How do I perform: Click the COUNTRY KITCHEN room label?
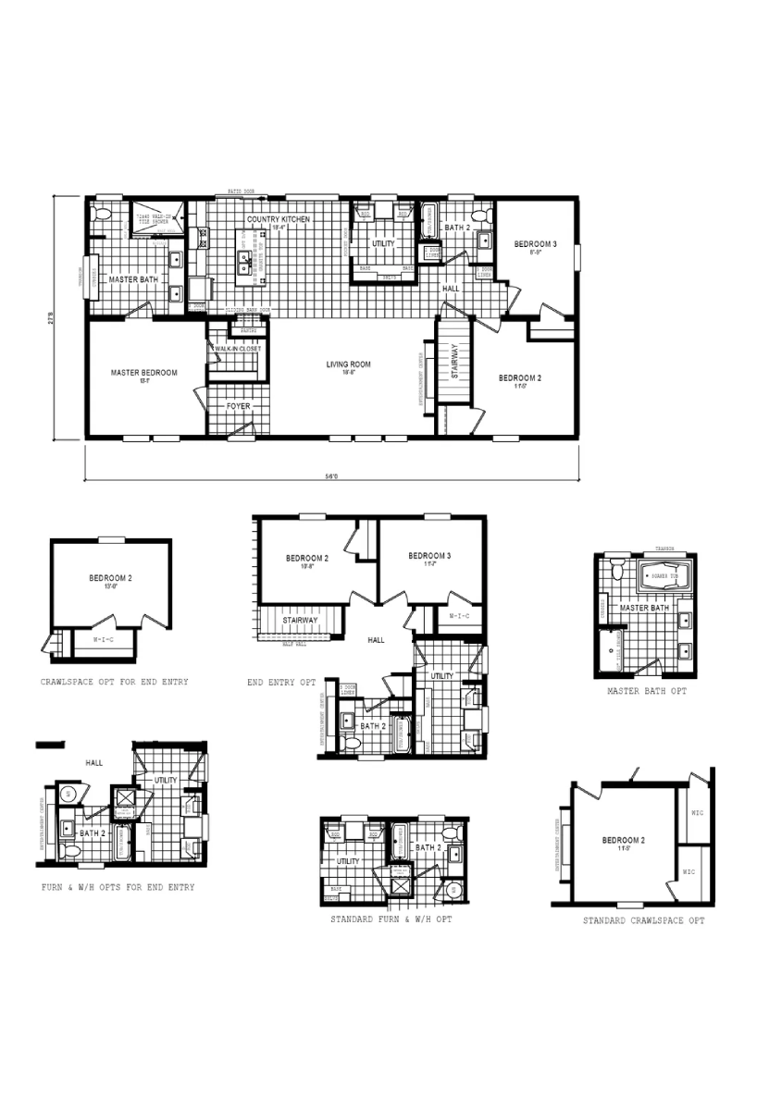[x=279, y=219]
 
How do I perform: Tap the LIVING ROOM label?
[x=348, y=364]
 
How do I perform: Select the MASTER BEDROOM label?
[x=143, y=373]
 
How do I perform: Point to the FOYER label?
[x=239, y=406]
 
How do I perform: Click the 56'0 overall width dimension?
[x=331, y=476]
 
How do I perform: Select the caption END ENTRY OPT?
[x=281, y=683]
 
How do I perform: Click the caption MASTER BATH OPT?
[x=647, y=690]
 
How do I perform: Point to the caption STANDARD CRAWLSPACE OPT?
[x=643, y=921]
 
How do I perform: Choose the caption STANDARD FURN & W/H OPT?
[x=391, y=919]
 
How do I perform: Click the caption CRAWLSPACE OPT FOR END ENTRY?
[x=114, y=682]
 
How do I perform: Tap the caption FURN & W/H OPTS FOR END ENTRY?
[x=118, y=887]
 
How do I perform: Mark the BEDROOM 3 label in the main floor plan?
[x=535, y=244]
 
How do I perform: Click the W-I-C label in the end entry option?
[x=460, y=616]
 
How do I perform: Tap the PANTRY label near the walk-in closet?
[x=248, y=329]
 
